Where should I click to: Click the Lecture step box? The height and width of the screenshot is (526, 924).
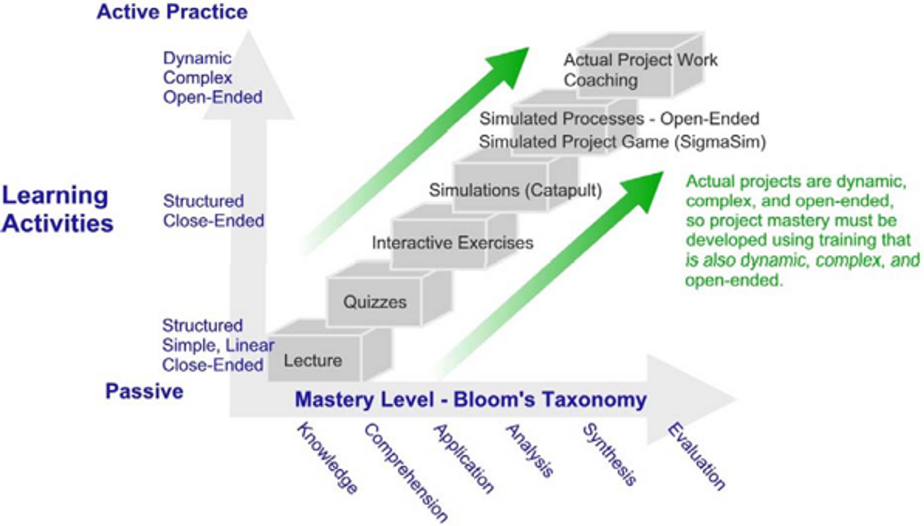(313, 360)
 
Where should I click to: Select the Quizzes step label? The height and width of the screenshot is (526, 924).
(375, 302)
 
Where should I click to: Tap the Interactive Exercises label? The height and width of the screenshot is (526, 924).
(452, 242)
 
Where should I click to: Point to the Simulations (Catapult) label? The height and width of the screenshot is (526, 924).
(515, 190)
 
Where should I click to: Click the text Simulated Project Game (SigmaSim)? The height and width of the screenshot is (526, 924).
(622, 142)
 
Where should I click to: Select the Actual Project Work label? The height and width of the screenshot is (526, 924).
(640, 60)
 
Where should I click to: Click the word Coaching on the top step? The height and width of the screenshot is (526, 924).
(601, 80)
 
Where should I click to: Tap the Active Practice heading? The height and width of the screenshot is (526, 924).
(172, 12)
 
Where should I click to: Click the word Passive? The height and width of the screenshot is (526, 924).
(144, 391)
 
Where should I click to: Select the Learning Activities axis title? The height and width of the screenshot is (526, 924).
(57, 209)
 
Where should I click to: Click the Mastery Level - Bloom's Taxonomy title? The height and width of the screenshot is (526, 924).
(471, 400)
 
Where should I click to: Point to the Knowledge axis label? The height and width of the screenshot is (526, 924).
(328, 458)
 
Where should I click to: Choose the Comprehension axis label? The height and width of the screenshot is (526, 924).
(406, 472)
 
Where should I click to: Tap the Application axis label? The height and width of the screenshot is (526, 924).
(464, 458)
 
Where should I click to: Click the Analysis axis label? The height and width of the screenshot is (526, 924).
(530, 450)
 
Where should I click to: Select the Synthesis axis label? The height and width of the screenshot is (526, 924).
(609, 454)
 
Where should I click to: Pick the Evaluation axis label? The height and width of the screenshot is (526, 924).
(696, 456)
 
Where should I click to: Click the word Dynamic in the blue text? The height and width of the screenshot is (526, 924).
(197, 58)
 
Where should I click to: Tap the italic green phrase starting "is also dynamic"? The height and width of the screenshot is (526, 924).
(802, 260)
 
